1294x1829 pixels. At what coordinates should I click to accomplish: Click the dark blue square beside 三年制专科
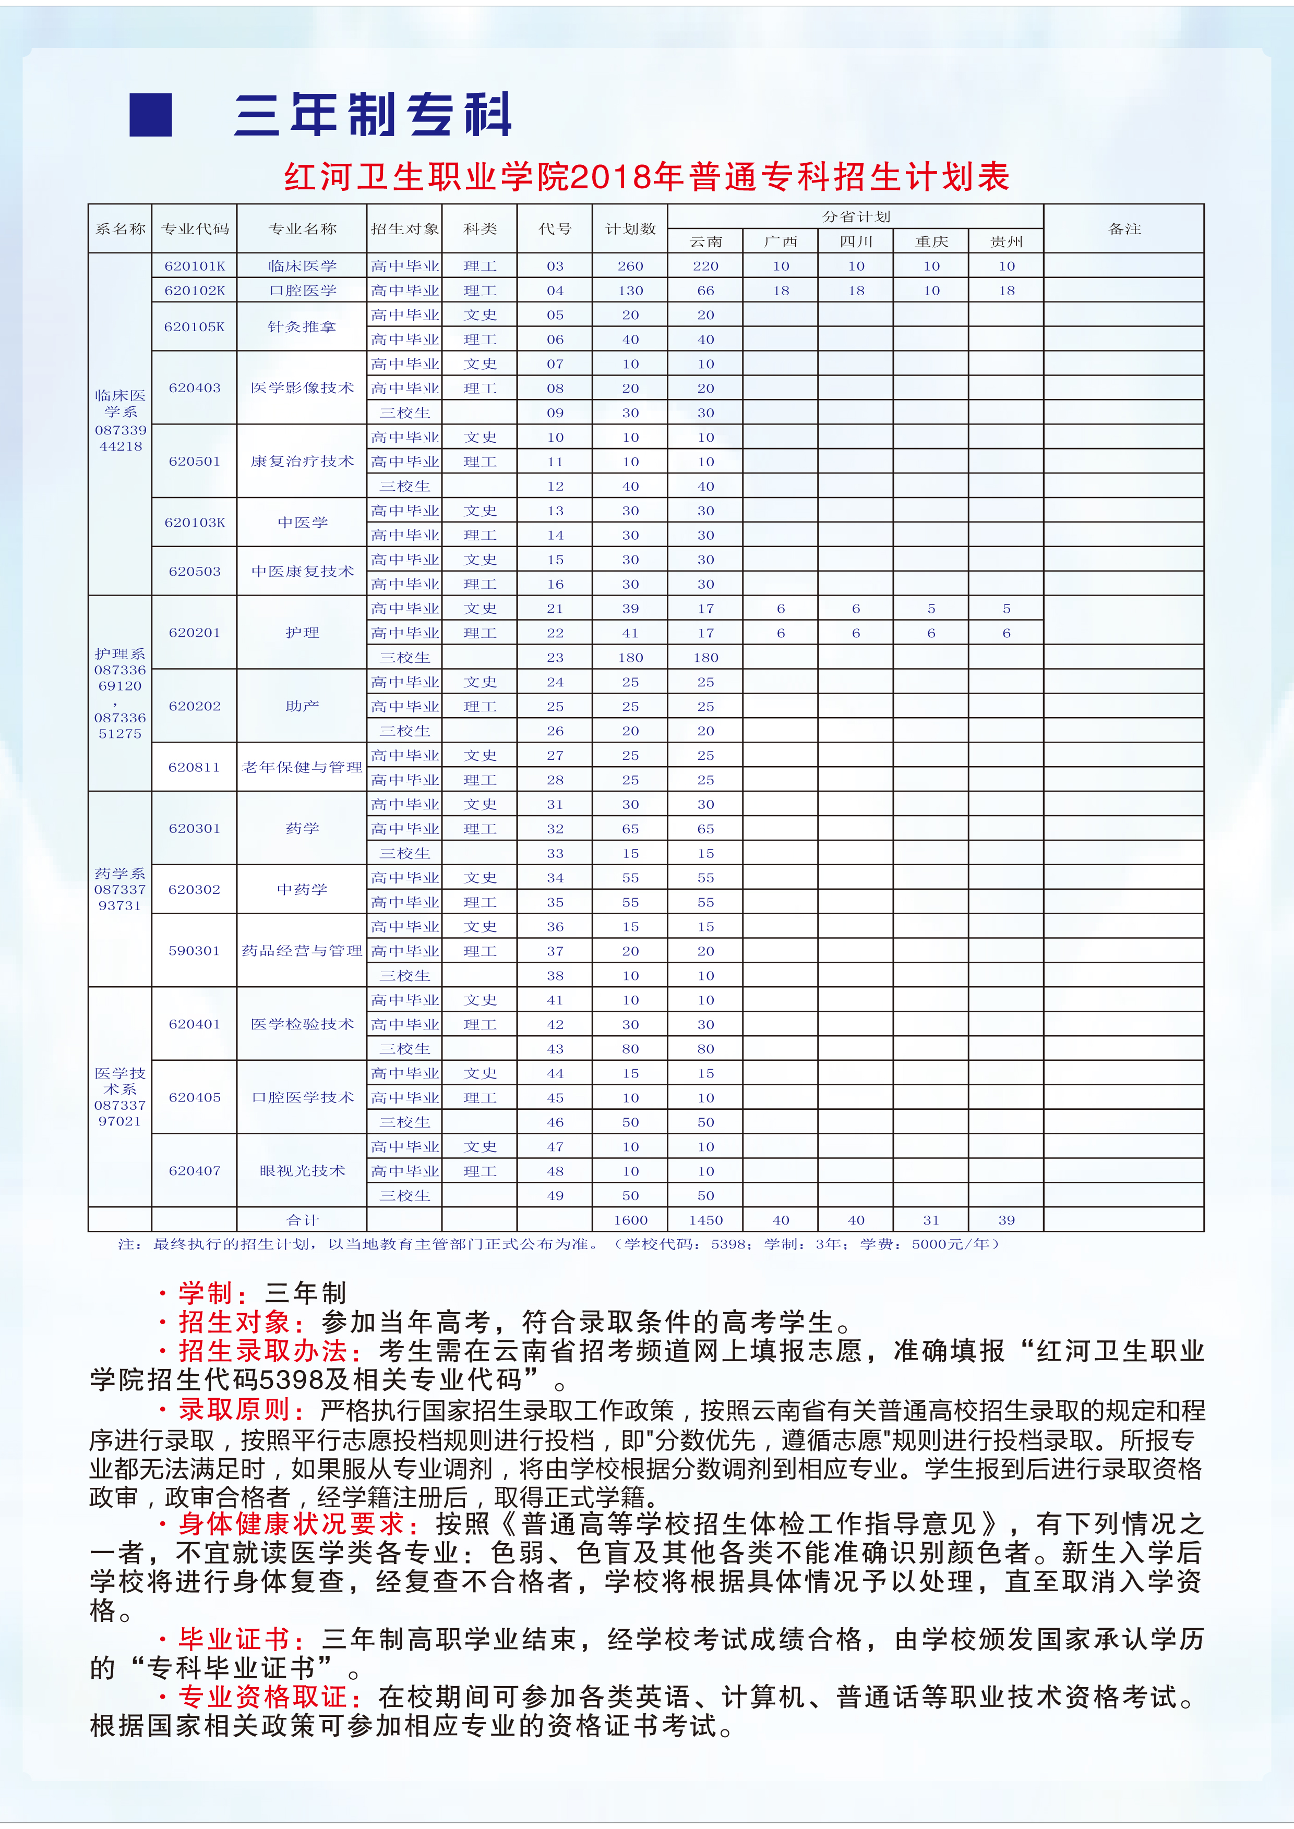click(151, 115)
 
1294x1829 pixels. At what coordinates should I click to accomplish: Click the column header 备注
click(1124, 228)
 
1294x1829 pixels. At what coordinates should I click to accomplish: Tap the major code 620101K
click(195, 266)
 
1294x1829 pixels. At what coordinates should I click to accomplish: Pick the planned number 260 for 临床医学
click(630, 266)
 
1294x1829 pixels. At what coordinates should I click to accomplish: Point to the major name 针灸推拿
click(302, 326)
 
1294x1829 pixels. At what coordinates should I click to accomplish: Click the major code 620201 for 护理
click(195, 633)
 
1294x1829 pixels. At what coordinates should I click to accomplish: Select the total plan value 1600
click(630, 1220)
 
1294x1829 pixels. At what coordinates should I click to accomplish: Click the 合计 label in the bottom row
click(302, 1220)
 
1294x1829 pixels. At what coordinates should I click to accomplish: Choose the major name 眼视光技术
click(302, 1170)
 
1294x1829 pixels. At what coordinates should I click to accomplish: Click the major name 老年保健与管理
click(302, 767)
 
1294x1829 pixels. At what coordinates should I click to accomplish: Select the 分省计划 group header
click(856, 216)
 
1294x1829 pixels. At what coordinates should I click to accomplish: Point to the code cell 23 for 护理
click(555, 657)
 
